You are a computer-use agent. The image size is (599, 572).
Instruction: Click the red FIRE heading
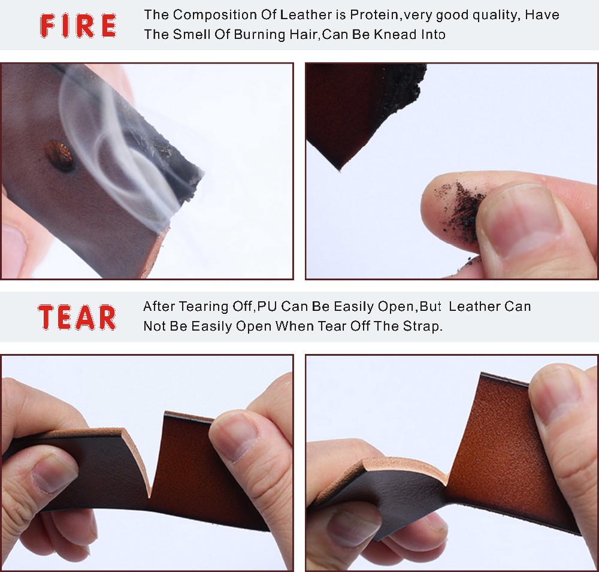coord(78,26)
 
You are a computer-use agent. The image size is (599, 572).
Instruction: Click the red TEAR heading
coord(77,317)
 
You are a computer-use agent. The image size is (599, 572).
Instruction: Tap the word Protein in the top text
coord(374,15)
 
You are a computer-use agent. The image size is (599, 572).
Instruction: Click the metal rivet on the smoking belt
coord(59,155)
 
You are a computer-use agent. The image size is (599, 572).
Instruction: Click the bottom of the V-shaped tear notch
coord(149,497)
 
